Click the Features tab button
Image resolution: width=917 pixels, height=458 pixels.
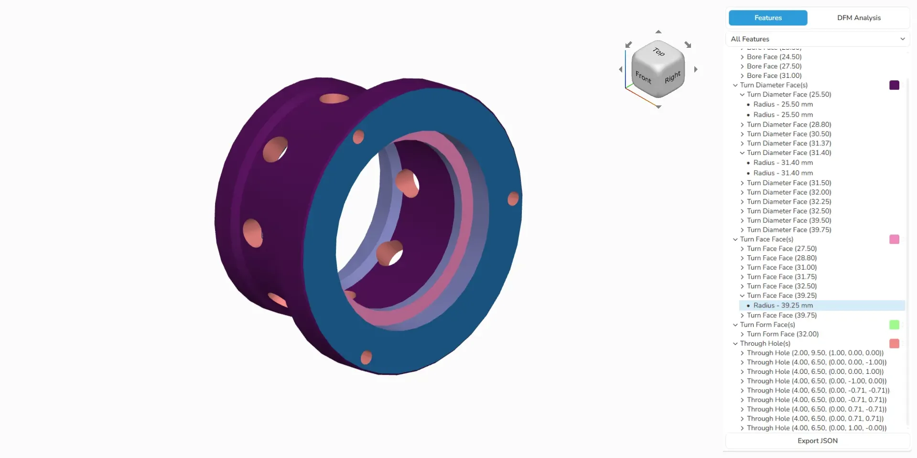coord(767,18)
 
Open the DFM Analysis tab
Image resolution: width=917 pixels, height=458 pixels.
coord(858,18)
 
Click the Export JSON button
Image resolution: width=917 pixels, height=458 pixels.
coord(817,441)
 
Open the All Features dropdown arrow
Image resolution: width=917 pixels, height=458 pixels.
coord(902,39)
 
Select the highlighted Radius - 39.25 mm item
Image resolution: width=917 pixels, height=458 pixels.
coord(783,305)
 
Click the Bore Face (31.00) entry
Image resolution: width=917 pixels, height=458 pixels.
coord(774,76)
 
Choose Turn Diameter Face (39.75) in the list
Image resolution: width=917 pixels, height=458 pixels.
coord(788,230)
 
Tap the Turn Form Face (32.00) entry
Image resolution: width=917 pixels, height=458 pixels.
coord(782,334)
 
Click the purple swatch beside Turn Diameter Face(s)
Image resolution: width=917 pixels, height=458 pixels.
coord(894,85)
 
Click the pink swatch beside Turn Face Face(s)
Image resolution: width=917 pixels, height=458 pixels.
coord(894,240)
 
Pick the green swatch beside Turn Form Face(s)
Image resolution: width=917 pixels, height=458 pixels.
coord(894,325)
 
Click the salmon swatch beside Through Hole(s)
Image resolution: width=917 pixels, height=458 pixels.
coord(894,344)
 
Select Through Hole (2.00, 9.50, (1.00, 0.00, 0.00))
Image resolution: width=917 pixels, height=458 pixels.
coord(815,353)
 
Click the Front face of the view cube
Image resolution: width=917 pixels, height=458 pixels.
coord(643,76)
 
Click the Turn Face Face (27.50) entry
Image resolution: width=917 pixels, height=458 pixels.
coord(781,249)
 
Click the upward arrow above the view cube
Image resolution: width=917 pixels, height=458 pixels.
coord(658,32)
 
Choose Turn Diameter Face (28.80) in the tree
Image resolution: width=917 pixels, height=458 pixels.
coord(788,124)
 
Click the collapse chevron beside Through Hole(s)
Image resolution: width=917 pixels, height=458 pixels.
coord(735,344)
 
